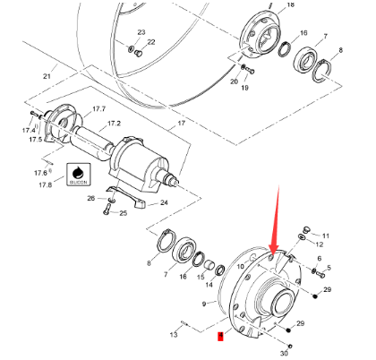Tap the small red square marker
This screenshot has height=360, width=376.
(x=220, y=337)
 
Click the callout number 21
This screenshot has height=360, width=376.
(x=47, y=76)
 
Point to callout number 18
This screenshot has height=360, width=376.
(x=289, y=5)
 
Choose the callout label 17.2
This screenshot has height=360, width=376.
(x=114, y=123)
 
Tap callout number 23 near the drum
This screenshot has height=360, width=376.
(x=141, y=32)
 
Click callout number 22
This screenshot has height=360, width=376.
(x=150, y=41)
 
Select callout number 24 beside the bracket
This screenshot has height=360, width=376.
(x=165, y=203)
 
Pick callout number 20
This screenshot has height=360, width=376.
(x=235, y=81)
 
